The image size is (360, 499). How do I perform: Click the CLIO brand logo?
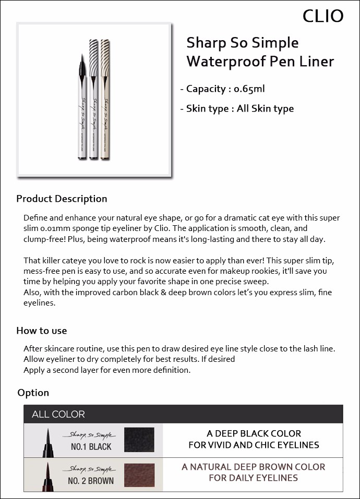tap(323, 16)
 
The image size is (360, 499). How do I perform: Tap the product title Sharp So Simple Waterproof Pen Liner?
tap(260, 52)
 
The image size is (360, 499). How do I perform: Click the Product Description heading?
tap(62, 199)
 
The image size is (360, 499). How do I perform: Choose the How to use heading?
tap(42, 331)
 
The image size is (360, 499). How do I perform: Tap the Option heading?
tap(33, 393)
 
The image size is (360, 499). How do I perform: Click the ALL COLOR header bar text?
tap(58, 415)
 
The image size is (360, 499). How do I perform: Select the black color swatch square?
tap(139, 440)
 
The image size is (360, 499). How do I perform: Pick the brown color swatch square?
tap(139, 473)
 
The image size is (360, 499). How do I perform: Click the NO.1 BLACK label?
tap(91, 447)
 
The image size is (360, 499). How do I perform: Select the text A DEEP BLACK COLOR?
tap(254, 434)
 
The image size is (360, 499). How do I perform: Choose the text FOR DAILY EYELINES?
tap(254, 478)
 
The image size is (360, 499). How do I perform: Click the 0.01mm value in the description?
tap(56, 228)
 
